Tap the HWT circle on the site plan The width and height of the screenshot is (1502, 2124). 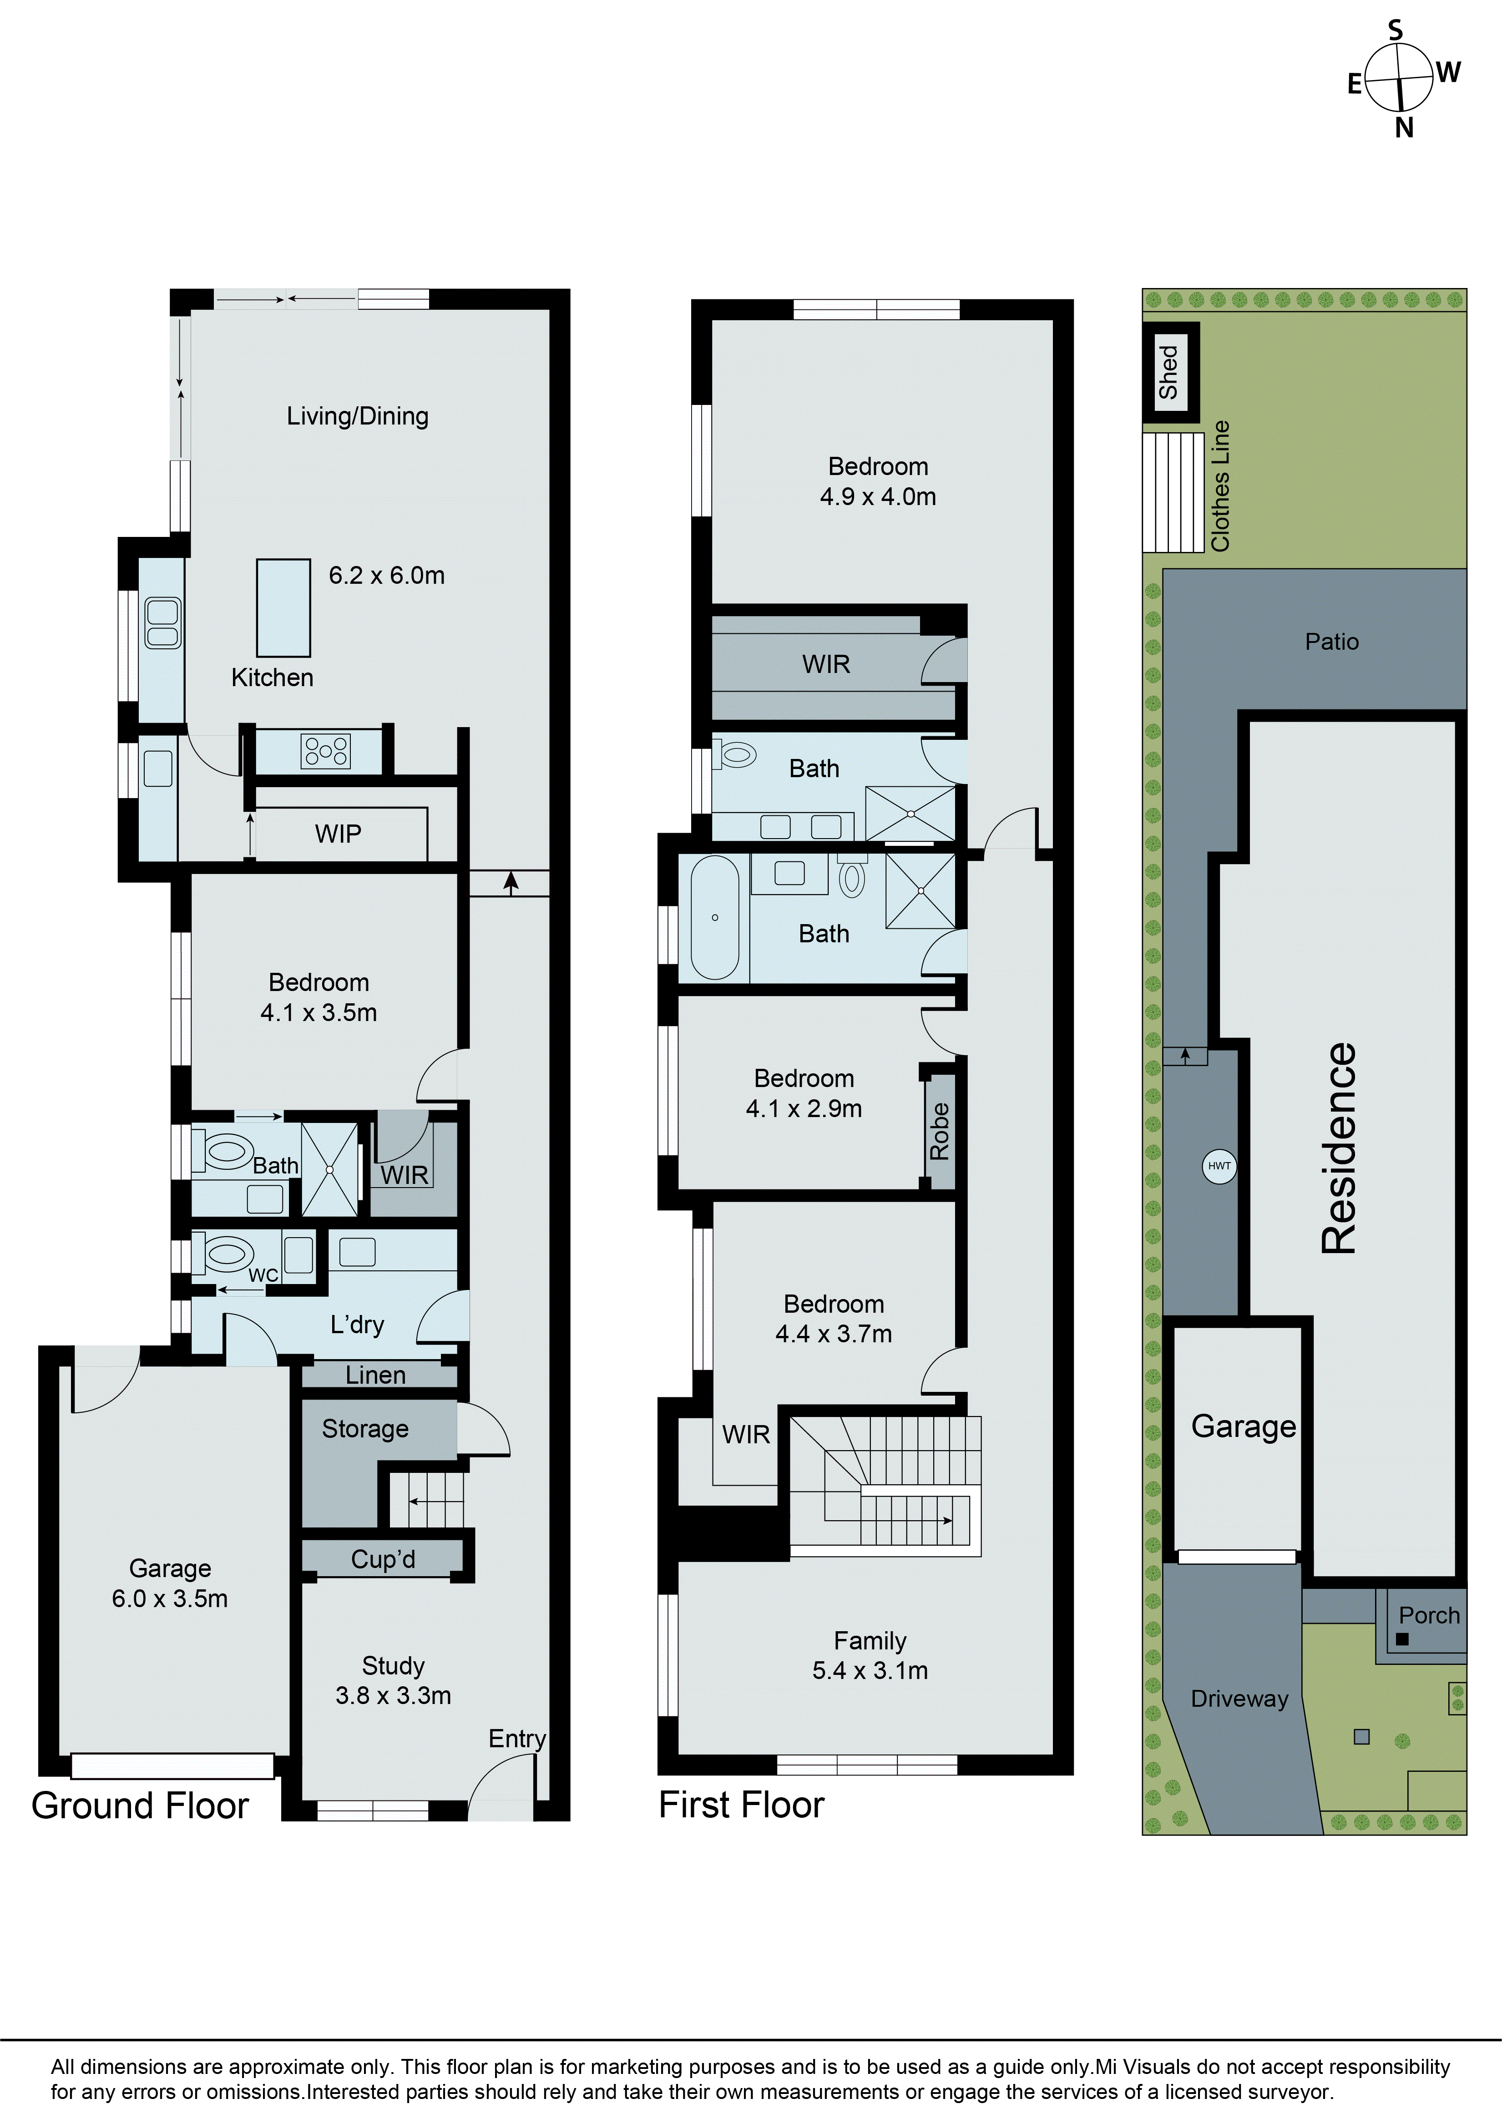(x=1219, y=1166)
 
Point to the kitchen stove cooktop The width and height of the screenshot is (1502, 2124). (x=325, y=751)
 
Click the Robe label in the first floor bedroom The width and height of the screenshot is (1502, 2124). (x=940, y=1131)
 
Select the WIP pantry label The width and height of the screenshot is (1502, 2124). (x=338, y=834)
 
